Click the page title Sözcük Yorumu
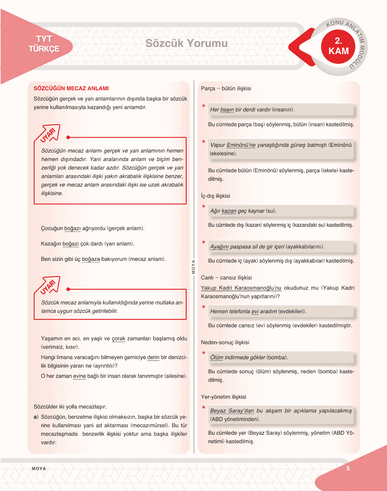[186, 43]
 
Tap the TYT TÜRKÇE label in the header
[44, 44]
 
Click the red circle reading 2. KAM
[338, 47]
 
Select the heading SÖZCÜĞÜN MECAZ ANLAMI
[71, 88]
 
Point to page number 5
[348, 469]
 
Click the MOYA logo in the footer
[39, 469]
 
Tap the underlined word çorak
[118, 339]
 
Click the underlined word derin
[153, 357]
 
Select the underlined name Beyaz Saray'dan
[232, 411]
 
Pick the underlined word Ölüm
[217, 358]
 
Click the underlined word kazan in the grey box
[229, 211]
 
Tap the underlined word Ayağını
[219, 247]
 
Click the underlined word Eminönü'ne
[241, 145]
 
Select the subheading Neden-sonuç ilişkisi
[225, 342]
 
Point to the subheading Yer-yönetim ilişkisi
[223, 397]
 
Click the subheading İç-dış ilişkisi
[215, 196]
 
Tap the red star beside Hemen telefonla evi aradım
[204, 307]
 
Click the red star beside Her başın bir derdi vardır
[204, 106]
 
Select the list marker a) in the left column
[36, 417]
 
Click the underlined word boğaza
[91, 259]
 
